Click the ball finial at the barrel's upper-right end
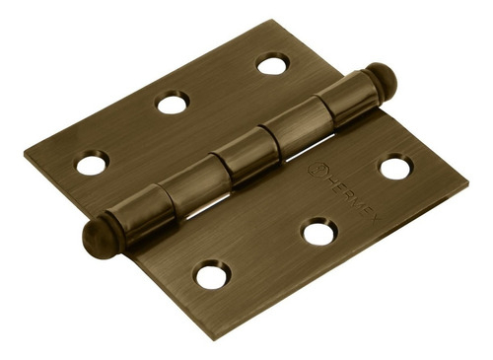[382, 79]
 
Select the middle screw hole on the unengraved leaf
[173, 102]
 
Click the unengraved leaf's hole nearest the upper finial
[273, 64]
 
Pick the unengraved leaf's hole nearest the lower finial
[92, 163]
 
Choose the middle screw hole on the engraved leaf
[318, 233]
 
